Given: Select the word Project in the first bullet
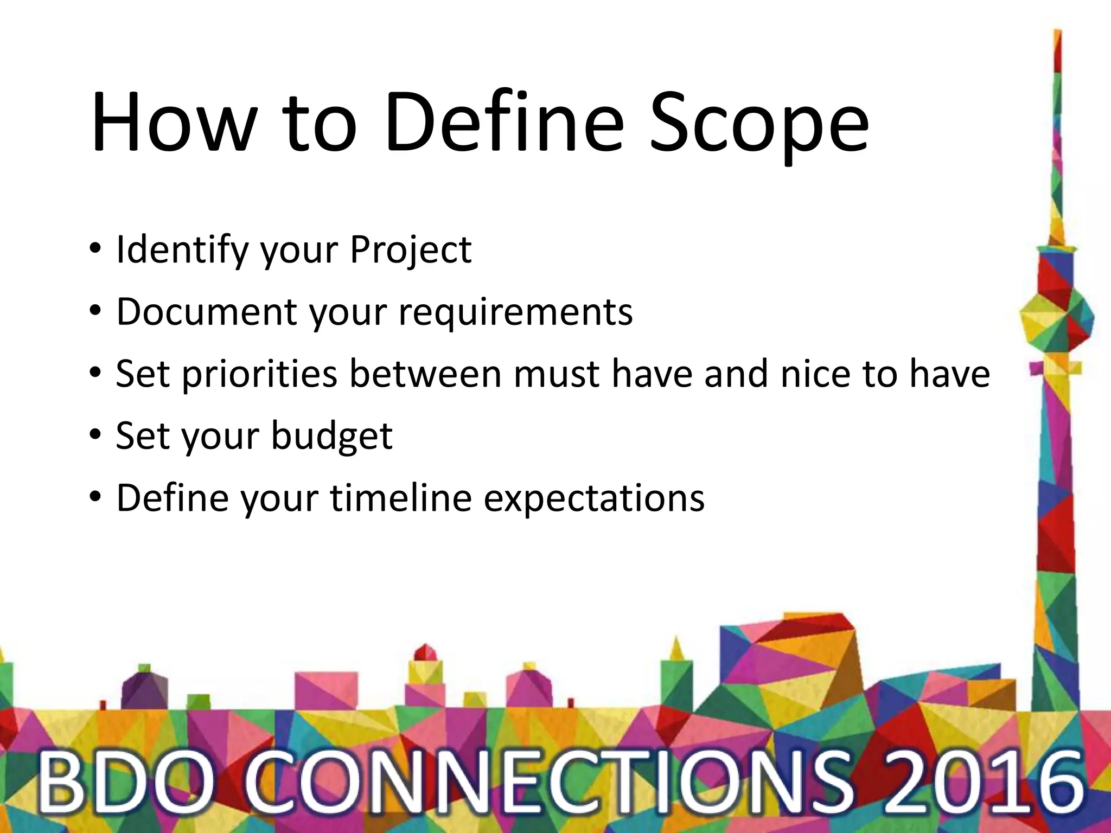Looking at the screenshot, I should click(411, 251).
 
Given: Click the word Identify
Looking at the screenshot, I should click(182, 251).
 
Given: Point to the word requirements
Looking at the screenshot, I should click(515, 313).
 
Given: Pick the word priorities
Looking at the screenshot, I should click(259, 375).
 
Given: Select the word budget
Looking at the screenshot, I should click(331, 437).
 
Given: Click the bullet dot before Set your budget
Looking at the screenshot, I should click(95, 435).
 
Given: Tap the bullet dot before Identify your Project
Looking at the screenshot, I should click(95, 249).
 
